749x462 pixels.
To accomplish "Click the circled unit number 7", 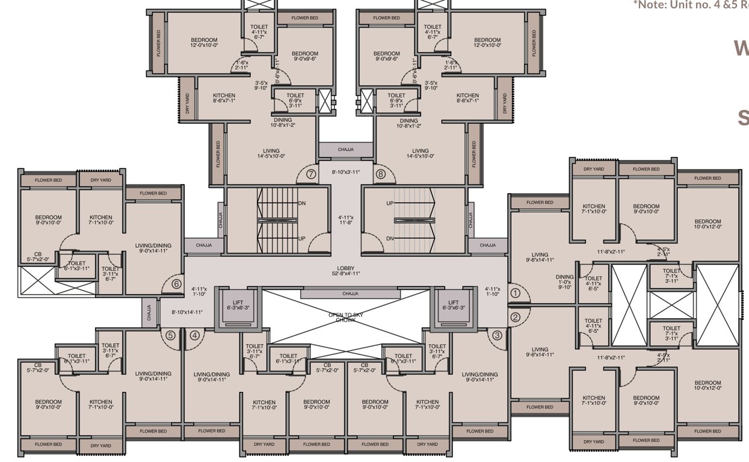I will click(311, 174).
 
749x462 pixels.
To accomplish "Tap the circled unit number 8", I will click(380, 174).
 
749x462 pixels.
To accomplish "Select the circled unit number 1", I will click(515, 294).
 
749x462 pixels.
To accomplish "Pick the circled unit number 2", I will click(515, 318).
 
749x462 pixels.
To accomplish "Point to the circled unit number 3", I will click(497, 336).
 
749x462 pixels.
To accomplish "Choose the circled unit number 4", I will click(194, 336).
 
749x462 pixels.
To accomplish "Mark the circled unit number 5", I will click(170, 336).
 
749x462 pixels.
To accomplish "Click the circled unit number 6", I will click(176, 284).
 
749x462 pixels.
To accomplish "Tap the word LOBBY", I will click(346, 269).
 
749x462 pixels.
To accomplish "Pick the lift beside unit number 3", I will click(453, 306).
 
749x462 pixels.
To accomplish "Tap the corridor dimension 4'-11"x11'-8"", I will click(346, 220).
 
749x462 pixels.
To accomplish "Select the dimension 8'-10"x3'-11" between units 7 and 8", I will click(346, 172).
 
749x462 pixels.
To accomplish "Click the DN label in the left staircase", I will click(302, 203).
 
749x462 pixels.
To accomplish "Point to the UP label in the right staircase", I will click(390, 203).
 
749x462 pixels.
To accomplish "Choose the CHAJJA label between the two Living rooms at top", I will click(346, 149).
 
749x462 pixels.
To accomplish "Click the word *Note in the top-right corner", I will click(647, 5).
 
